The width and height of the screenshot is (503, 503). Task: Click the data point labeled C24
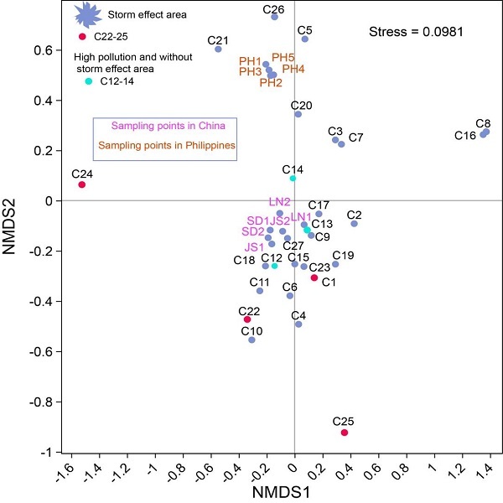coord(82,184)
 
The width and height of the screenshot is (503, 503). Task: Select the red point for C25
coord(345,433)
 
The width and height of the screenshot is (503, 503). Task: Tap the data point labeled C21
coord(219,49)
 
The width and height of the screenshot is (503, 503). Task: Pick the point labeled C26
coord(274,17)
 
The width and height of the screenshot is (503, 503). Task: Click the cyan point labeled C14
coord(293,179)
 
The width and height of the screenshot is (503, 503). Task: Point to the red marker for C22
coord(247,319)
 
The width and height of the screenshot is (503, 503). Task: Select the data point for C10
coord(251,340)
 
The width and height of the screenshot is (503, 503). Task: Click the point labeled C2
coord(355,224)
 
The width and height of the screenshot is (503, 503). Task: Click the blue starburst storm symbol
coord(86,14)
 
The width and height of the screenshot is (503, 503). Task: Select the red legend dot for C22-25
coord(82,36)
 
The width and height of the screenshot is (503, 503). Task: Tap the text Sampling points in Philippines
coord(166,146)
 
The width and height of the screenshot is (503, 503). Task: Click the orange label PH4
coord(293,69)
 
